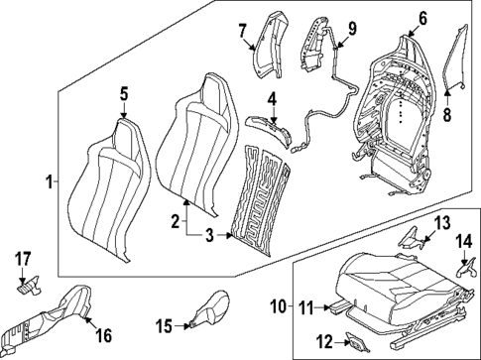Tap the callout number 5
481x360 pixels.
[124, 94]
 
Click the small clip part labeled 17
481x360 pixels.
[28, 283]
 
